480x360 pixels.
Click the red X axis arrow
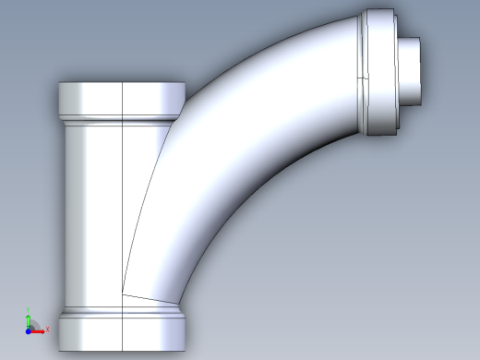click(x=38, y=329)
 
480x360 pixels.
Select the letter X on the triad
click(x=44, y=330)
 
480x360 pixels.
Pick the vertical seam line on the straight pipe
click(x=123, y=203)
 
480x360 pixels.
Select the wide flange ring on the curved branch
click(x=378, y=74)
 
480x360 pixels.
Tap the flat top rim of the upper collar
click(x=120, y=84)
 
